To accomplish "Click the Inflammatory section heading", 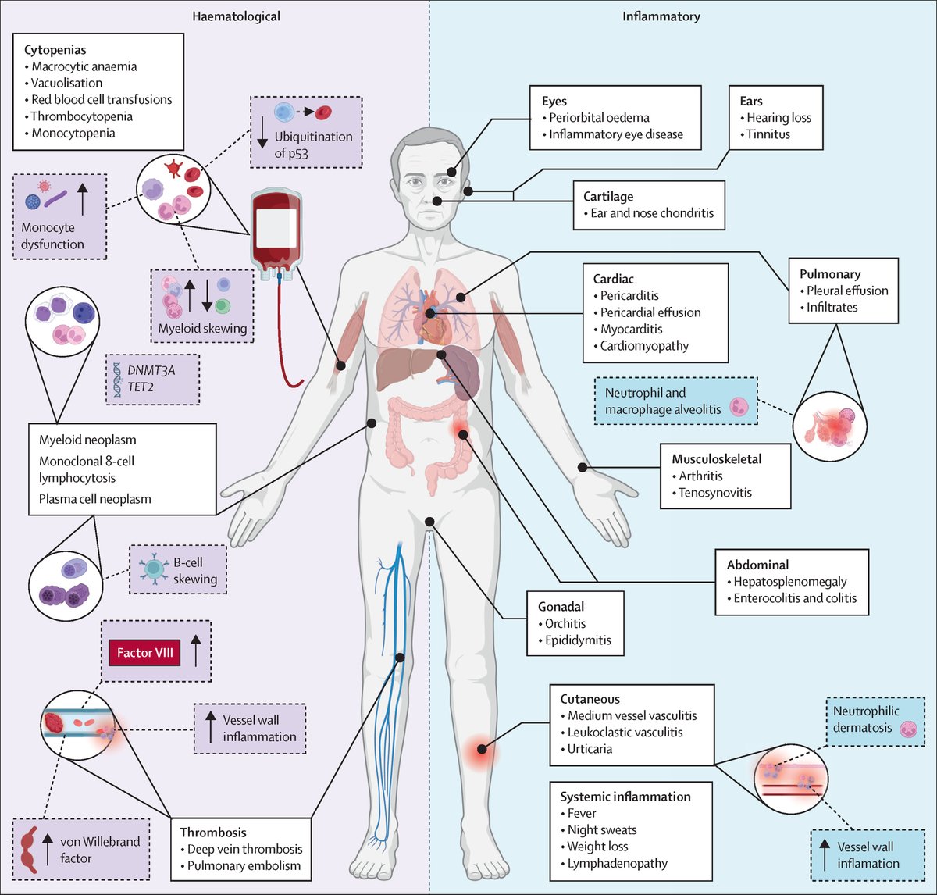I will [661, 16].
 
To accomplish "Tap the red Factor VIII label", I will [145, 652].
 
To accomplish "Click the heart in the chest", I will [432, 320].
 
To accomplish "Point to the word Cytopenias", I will [55, 49].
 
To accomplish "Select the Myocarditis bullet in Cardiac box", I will [631, 329].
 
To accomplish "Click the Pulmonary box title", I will [830, 274].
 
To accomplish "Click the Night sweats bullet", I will [601, 829].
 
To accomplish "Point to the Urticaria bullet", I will [590, 749].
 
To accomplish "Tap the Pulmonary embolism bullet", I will [244, 865].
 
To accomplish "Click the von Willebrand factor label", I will [100, 850].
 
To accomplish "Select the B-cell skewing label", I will [194, 570].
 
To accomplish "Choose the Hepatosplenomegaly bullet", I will [789, 582].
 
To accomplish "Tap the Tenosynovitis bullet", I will [714, 493].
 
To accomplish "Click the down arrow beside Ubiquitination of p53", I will [262, 137].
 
